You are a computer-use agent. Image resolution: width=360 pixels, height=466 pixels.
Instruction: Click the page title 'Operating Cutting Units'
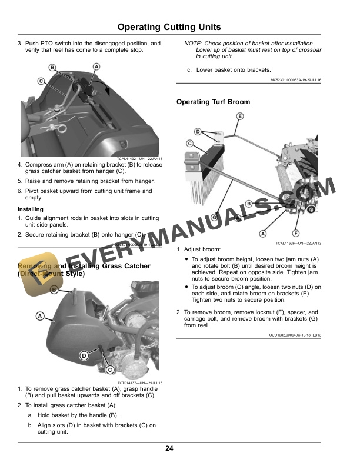pos(169,27)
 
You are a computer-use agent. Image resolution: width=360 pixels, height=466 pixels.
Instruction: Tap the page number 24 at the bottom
pos(169,449)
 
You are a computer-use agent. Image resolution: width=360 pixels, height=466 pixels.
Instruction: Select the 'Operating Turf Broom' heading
pos(213,102)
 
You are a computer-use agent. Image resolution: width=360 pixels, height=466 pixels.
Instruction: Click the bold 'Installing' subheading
pos(30,209)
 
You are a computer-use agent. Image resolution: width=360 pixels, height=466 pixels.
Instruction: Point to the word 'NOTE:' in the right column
pos(194,44)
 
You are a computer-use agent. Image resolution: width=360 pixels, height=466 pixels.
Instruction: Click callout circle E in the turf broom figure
pos(239,116)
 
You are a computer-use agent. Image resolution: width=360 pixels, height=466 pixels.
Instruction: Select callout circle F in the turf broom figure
pos(296,234)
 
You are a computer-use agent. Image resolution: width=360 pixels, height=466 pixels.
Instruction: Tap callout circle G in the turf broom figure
pos(214,217)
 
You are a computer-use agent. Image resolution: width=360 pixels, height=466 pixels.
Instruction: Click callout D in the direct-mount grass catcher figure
pos(84,355)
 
